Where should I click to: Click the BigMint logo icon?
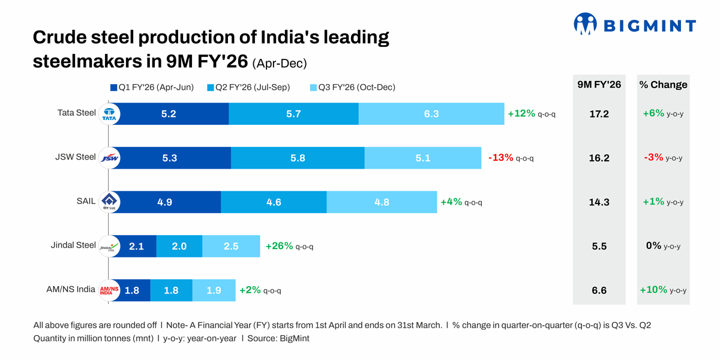click(585, 24)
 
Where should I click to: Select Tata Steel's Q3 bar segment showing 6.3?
click(431, 114)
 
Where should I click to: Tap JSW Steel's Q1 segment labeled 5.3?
click(169, 158)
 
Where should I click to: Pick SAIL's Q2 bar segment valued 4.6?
click(274, 202)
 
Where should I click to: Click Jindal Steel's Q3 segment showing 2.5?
click(231, 246)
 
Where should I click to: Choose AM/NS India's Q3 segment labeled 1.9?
click(214, 290)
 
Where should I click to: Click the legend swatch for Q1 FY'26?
click(113, 88)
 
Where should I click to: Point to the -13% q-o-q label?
click(511, 158)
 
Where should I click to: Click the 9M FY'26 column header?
click(599, 85)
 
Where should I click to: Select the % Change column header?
click(663, 85)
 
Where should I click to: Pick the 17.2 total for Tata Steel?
click(599, 114)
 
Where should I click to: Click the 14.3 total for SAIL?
click(599, 202)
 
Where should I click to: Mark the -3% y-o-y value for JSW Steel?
click(662, 158)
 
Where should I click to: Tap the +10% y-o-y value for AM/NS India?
click(663, 290)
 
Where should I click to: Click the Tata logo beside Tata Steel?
click(109, 114)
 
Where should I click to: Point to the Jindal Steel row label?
click(73, 245)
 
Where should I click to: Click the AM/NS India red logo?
click(109, 290)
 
